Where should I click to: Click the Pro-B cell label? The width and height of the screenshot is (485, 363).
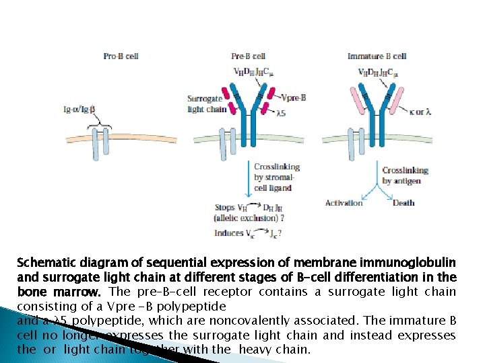point(121,56)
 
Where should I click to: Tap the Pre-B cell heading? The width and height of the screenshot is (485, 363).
point(248,56)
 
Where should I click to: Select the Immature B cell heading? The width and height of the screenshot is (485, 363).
point(377,56)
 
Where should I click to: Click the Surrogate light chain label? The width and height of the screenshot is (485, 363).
point(205,104)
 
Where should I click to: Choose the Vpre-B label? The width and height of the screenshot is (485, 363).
point(294,97)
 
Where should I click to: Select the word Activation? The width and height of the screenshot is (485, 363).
point(344,202)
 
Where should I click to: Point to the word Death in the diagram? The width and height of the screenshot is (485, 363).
point(403,202)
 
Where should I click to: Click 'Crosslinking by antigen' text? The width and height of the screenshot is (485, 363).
point(406,175)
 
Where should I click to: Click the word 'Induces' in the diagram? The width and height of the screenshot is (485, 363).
point(228,233)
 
